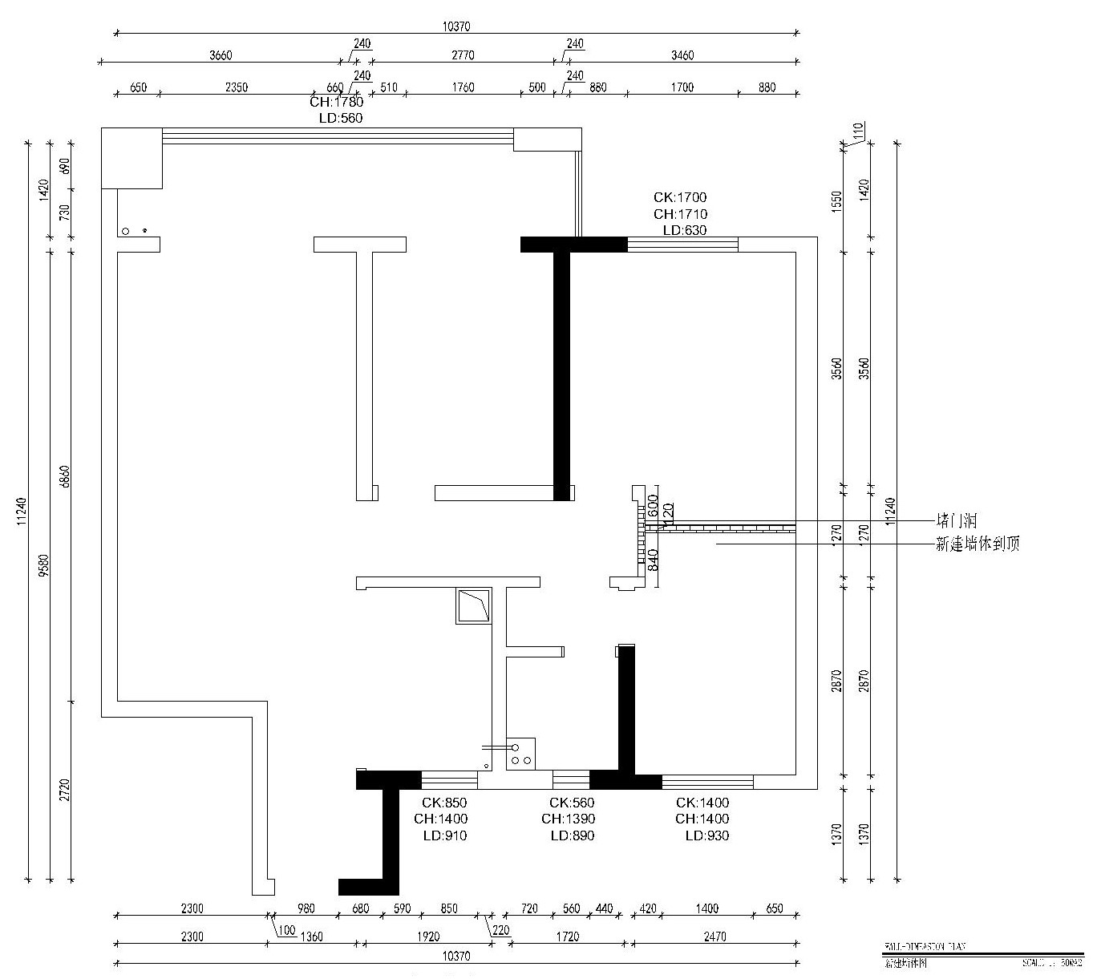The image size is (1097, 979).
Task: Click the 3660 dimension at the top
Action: coord(221,55)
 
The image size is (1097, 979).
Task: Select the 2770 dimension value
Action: coord(463,55)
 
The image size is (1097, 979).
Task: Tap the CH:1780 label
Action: coord(336,102)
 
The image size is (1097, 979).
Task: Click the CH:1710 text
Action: coord(680,214)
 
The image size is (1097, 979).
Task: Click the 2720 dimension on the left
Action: coord(66,790)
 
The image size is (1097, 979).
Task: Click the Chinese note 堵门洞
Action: coord(957,520)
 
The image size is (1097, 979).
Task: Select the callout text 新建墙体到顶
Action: coord(978,544)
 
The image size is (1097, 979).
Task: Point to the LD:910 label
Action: coord(444,835)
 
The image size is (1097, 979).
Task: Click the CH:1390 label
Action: coord(568,819)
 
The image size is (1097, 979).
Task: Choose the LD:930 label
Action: coord(706,835)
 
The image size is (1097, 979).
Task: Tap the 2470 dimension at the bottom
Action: coord(714,937)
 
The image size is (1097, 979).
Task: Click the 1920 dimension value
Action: coord(428,937)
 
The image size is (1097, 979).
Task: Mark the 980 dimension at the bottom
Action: coord(306,908)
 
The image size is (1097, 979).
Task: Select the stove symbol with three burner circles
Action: coord(520,754)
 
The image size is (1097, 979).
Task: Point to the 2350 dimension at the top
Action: coord(236,87)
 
